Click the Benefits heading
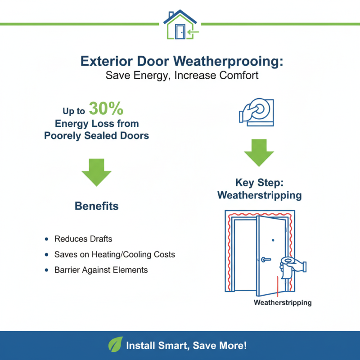coord(96,207)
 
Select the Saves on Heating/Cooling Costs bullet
coord(114,255)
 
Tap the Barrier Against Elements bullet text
coord(101,270)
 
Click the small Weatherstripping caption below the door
coord(282,302)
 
